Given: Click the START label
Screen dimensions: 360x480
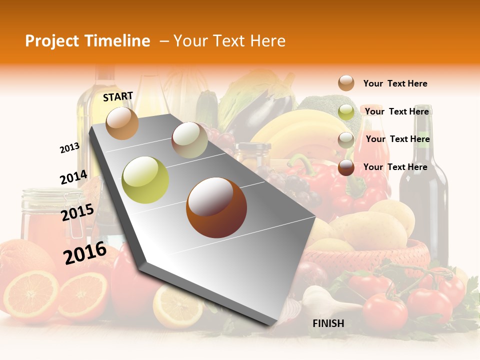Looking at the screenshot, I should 118,96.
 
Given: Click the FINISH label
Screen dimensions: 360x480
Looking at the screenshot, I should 328,323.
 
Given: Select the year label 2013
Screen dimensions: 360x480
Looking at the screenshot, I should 69,148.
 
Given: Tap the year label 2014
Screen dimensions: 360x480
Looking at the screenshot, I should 73,177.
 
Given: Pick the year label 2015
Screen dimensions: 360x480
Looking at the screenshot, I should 77,212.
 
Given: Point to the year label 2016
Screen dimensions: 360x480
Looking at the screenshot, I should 85,252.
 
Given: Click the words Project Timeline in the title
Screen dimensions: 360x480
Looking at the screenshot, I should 87,41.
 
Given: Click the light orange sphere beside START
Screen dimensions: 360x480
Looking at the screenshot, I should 122,123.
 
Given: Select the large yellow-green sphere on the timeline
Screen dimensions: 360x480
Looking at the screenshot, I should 145,180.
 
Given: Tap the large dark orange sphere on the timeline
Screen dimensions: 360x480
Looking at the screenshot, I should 216,207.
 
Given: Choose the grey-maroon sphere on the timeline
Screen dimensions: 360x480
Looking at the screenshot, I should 189,140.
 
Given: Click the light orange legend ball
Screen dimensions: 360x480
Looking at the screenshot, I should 346,83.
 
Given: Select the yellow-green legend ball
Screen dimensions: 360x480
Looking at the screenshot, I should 346,112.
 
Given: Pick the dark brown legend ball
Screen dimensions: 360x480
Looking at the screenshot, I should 346,167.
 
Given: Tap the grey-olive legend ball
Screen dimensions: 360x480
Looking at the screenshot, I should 346,139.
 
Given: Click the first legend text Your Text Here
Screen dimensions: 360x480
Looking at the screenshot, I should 395,83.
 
